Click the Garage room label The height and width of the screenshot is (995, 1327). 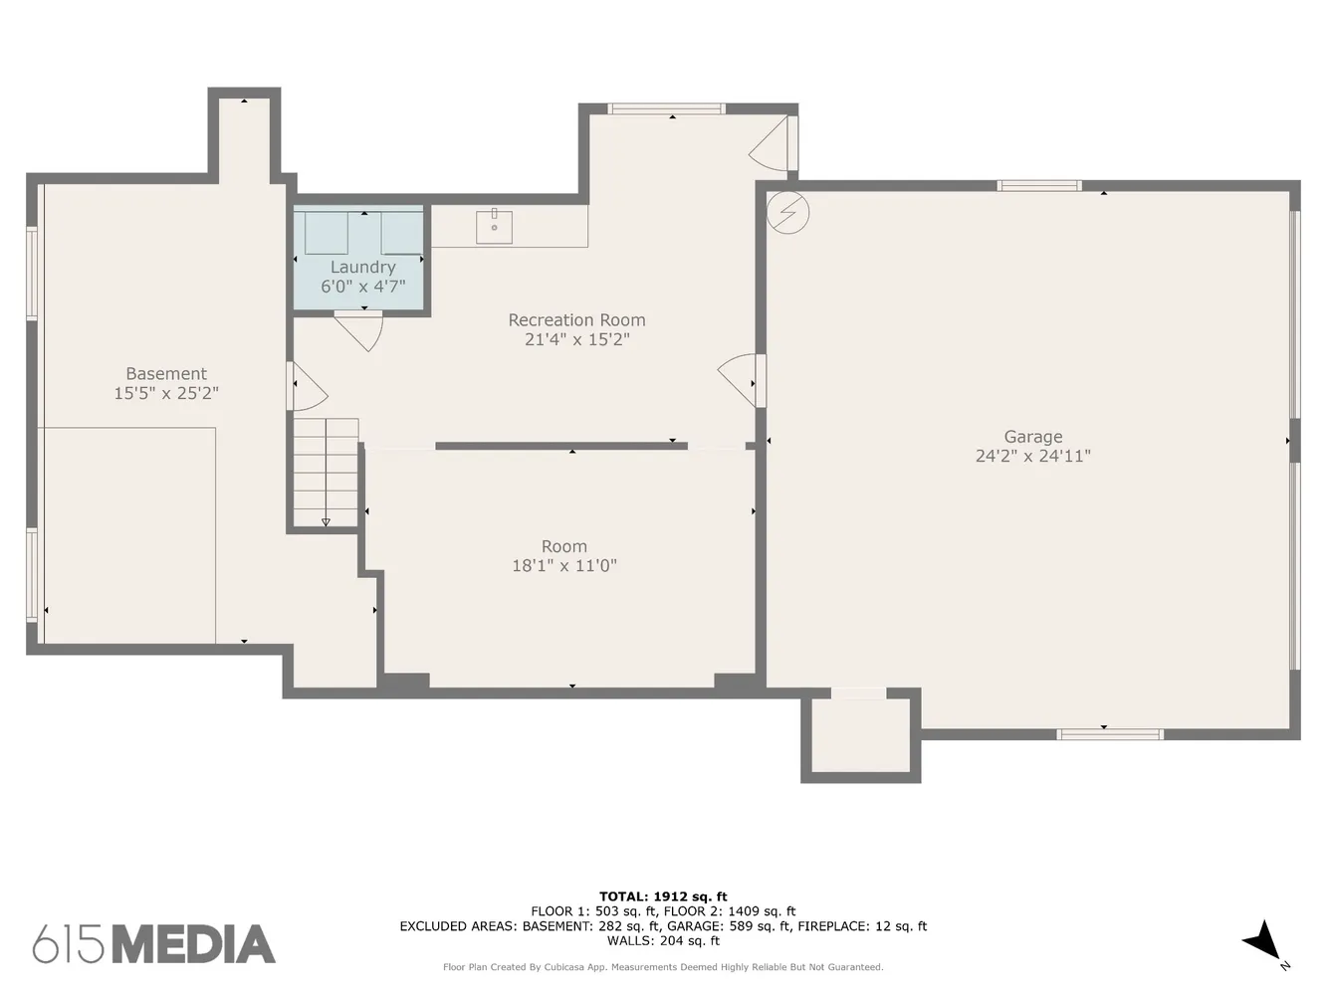coord(1032,437)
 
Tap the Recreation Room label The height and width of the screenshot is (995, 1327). coord(576,320)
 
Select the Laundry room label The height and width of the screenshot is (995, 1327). coord(362,268)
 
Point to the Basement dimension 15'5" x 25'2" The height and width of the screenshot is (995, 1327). coord(166,393)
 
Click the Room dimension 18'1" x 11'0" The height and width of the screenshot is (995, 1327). coord(563,566)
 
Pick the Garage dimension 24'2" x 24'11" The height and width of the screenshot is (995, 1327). coord(1032,456)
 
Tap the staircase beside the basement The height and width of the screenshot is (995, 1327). coord(326,472)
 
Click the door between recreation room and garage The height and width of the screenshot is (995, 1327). coord(743,379)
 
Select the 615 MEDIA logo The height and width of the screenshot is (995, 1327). coord(154,944)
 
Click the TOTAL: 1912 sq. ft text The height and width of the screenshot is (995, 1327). coord(663,896)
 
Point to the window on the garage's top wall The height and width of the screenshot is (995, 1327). coord(1039,185)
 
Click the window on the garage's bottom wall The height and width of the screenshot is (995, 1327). coord(1109,734)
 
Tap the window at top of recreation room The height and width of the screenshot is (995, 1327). coord(666,108)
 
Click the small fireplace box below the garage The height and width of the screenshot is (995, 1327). coord(860,735)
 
